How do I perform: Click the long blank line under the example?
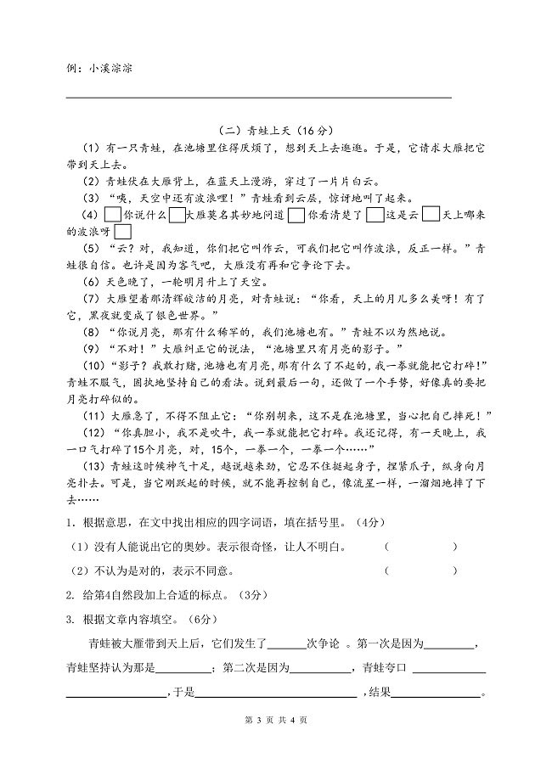tap(258, 98)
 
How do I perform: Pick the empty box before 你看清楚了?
tap(296, 215)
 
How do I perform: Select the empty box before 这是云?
tap(374, 215)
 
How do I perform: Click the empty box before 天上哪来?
tap(431, 215)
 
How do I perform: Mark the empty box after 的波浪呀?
tap(122, 231)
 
